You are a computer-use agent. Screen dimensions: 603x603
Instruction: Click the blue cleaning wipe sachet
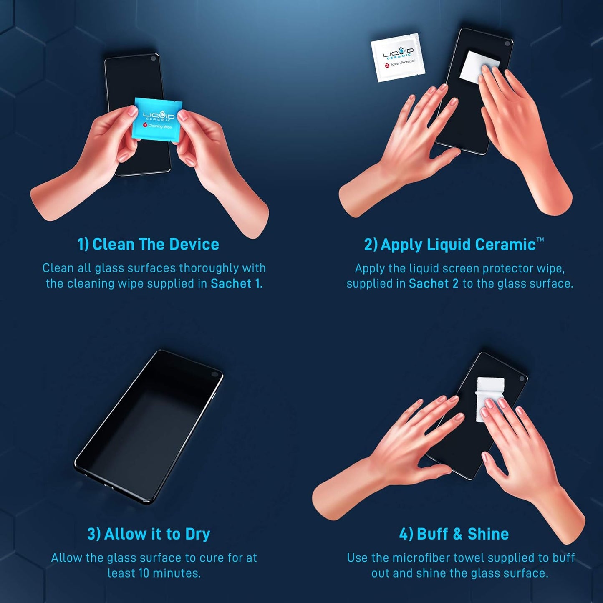tap(157, 119)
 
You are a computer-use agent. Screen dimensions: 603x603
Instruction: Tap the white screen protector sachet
tap(398, 57)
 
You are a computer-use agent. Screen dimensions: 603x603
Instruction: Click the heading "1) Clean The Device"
tap(148, 244)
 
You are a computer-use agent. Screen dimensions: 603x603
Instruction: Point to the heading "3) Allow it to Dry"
tap(149, 534)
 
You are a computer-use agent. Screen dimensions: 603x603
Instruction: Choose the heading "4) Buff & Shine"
tap(454, 534)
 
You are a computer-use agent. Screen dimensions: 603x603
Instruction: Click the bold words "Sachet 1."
tap(237, 284)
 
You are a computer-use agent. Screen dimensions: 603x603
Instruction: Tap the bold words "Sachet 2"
tap(433, 284)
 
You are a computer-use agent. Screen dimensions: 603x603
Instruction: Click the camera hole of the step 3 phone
tap(215, 374)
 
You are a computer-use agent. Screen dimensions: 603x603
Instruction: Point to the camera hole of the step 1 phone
tap(154, 58)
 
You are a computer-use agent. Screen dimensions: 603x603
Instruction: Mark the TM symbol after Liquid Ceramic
tap(540, 240)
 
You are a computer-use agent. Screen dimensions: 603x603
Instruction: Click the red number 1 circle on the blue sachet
tap(145, 125)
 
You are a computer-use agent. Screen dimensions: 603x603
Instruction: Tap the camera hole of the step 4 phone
tap(521, 378)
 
